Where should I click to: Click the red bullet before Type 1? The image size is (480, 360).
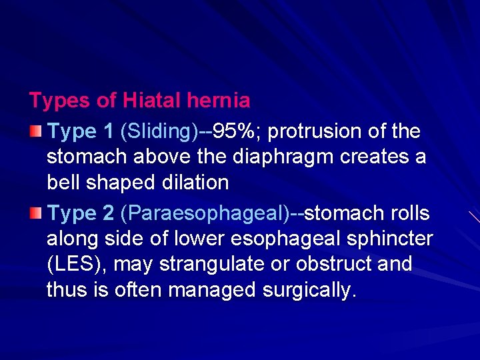35,131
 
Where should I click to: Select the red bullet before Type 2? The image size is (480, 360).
35,213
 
